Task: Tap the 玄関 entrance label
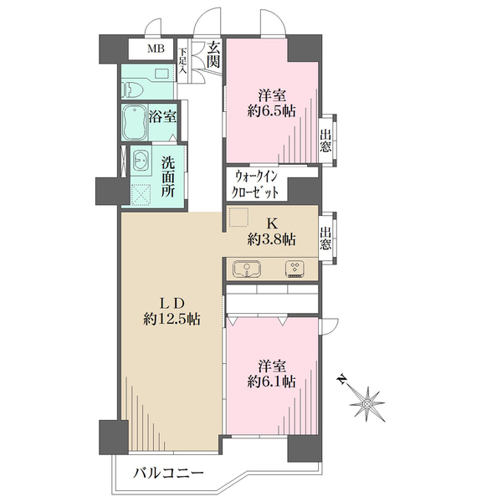214,55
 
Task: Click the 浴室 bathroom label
162,117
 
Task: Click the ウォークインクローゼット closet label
261,184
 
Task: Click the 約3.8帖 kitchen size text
271,239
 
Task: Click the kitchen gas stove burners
295,269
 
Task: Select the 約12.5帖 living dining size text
171,319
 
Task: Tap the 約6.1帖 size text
271,382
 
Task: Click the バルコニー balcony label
168,474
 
